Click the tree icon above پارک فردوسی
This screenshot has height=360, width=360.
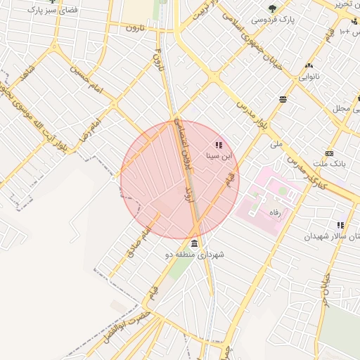tap(272, 8)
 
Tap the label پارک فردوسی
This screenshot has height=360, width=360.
tap(273, 20)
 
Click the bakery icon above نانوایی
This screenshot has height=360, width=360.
tap(309, 65)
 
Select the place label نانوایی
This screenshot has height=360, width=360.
tap(309, 76)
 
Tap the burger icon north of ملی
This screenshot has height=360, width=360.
tap(283, 99)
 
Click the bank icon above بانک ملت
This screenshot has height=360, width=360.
tap(329, 154)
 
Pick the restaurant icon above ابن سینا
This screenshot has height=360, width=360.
tap(218, 145)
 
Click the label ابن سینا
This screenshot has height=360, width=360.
tap(218, 156)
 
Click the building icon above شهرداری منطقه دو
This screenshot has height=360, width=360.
tap(194, 243)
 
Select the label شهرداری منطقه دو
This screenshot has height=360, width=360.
tap(194, 255)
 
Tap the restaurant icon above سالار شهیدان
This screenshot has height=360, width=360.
tap(341, 225)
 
